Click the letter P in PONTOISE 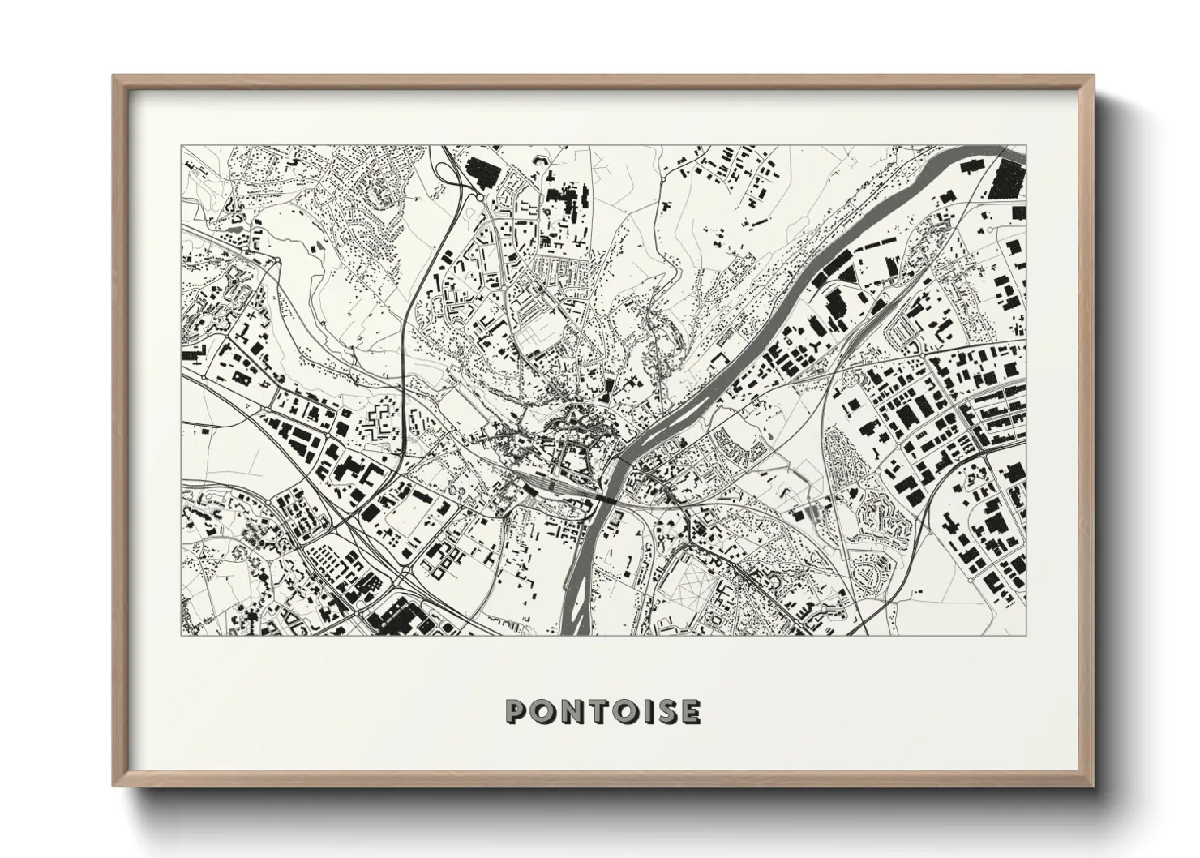point(516,712)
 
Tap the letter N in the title point(567,712)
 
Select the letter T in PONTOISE point(591,712)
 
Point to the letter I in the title point(637,712)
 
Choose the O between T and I point(616,712)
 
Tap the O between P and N point(541,712)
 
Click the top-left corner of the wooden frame point(114,76)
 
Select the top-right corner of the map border point(1026,146)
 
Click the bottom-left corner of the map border point(182,635)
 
